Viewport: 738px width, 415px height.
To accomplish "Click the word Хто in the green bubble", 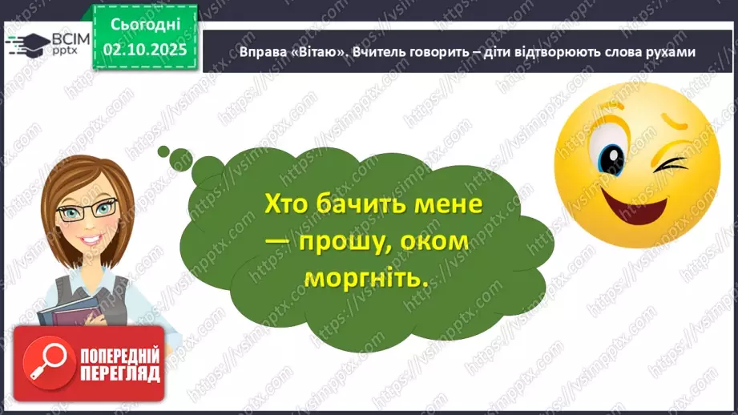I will [288, 206].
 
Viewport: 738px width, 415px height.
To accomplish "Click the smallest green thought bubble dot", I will [163, 150].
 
